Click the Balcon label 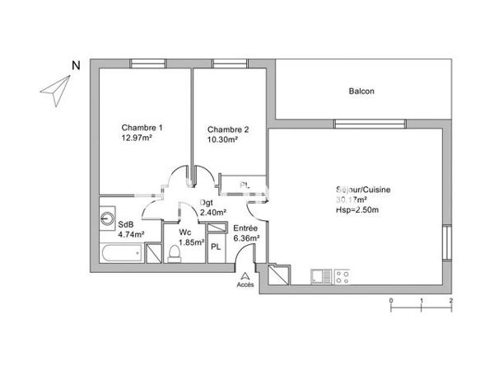(361, 92)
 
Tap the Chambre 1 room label (142, 128)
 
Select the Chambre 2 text (228, 129)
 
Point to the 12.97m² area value (137, 139)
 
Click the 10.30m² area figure (222, 140)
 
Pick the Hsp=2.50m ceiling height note (357, 210)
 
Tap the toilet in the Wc (174, 256)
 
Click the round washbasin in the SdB (109, 219)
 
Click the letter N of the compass (75, 66)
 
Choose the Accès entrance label (245, 285)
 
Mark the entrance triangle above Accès (245, 275)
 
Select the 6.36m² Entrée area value (246, 238)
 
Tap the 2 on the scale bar (451, 302)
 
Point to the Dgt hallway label (207, 203)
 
